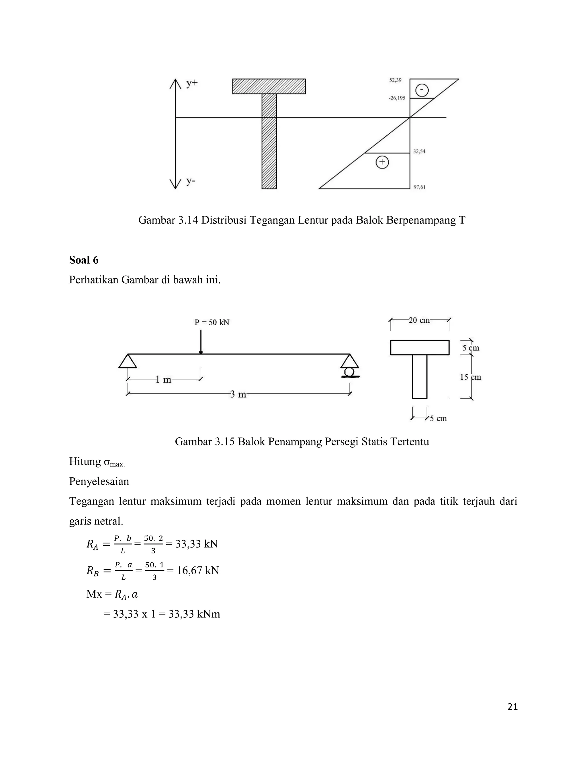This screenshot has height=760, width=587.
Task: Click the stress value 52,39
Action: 395,80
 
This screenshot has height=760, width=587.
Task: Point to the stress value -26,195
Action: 397,98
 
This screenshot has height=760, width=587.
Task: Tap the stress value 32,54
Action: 419,151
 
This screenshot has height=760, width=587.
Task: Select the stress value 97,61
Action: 419,187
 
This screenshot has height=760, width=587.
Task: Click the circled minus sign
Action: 422,90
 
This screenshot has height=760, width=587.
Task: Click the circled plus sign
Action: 382,162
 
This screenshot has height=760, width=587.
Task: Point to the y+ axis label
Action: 192,83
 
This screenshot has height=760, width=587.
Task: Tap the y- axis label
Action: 191,181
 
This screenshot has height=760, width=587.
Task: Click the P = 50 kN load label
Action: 212,323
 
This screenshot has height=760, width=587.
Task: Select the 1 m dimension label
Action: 163,379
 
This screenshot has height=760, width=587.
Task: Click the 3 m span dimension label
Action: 238,394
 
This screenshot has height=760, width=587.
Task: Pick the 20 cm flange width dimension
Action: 419,320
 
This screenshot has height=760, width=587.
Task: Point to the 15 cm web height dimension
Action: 471,377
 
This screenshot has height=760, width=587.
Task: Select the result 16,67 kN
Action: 197,570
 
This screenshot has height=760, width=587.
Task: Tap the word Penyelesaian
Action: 99,481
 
